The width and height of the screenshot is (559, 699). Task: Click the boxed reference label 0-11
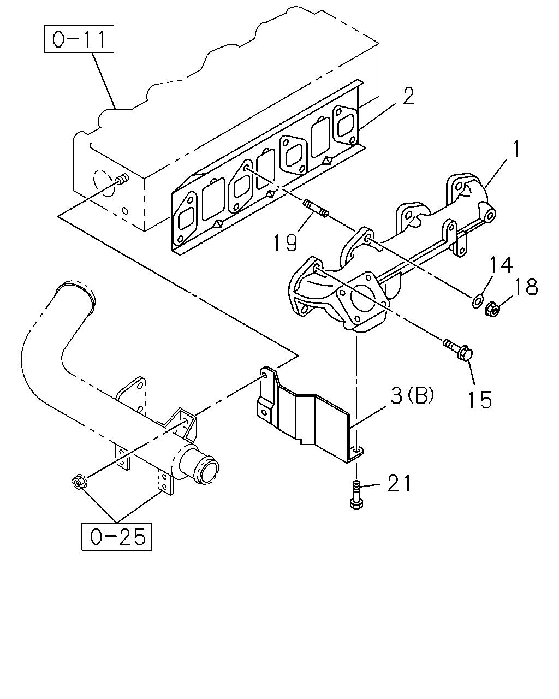[x=79, y=39]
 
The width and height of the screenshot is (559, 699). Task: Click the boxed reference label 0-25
[x=116, y=537]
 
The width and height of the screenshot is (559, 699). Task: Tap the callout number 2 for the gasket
[x=409, y=97]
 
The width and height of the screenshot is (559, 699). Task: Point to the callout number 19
[x=285, y=243]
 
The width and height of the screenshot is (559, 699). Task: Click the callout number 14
[x=501, y=264]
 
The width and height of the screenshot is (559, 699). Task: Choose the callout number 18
[x=526, y=287]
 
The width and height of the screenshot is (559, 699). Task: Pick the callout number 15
[x=480, y=399]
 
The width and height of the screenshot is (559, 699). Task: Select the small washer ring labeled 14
[x=477, y=301]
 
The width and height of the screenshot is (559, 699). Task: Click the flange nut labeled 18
[x=492, y=309]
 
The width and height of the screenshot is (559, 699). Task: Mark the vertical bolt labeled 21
[x=356, y=495]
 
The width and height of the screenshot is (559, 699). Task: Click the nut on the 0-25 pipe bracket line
[x=79, y=483]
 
